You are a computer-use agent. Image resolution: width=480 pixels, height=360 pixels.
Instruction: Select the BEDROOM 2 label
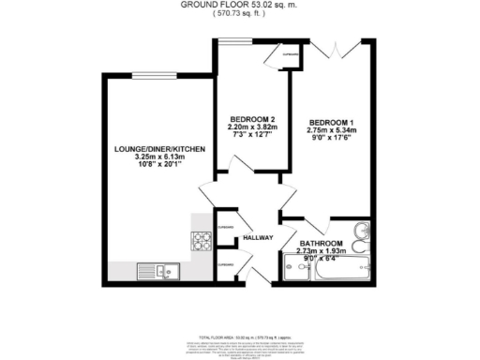[x=249, y=118]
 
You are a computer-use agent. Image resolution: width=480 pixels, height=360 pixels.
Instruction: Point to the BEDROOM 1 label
[x=333, y=122]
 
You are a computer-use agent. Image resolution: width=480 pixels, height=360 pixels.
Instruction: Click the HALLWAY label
[x=258, y=238]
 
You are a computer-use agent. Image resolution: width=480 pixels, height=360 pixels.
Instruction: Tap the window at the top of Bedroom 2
[x=234, y=41]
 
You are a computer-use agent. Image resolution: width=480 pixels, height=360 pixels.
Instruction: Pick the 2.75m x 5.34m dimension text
[x=333, y=131]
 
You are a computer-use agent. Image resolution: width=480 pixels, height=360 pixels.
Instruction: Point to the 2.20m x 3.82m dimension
[x=249, y=127]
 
